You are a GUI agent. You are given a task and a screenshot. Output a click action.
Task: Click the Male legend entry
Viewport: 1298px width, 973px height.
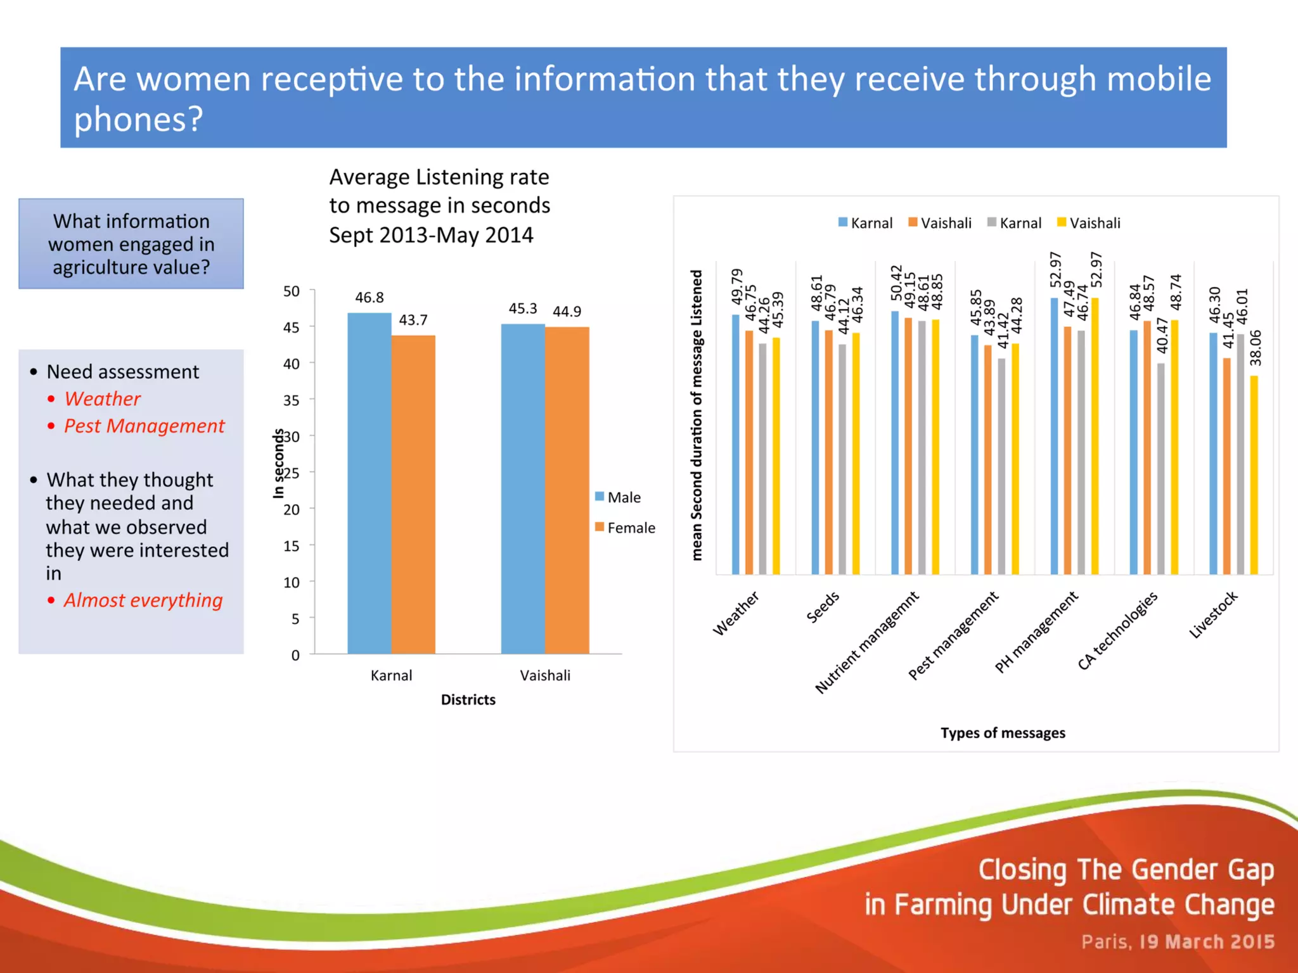(618, 497)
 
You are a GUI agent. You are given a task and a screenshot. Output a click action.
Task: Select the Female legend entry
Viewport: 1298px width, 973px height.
(625, 528)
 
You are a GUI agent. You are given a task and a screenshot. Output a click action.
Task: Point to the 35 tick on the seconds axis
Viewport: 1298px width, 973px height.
(291, 400)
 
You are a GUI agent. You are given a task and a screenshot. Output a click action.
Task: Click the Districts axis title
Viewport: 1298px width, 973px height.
(468, 699)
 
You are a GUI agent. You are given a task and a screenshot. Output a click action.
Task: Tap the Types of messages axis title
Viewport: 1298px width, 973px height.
(1003, 733)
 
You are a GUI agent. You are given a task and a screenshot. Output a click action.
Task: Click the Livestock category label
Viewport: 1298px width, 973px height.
(1213, 614)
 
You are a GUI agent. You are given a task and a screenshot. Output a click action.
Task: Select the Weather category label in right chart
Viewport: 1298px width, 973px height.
(736, 613)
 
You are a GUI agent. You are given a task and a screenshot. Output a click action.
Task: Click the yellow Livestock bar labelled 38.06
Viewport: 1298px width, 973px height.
(1254, 475)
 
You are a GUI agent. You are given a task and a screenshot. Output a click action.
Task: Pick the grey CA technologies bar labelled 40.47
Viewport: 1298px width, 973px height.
(1160, 469)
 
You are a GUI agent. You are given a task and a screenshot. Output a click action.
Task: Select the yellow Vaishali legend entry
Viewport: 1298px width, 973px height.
(1088, 223)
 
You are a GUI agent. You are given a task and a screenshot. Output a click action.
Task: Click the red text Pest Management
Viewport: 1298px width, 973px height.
(144, 426)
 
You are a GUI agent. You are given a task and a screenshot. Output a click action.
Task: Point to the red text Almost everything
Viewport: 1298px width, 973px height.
(143, 600)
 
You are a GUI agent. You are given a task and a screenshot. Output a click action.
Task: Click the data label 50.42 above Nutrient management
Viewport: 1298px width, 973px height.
(896, 283)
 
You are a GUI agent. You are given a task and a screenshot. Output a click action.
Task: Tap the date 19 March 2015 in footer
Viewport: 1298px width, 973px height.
(1207, 942)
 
